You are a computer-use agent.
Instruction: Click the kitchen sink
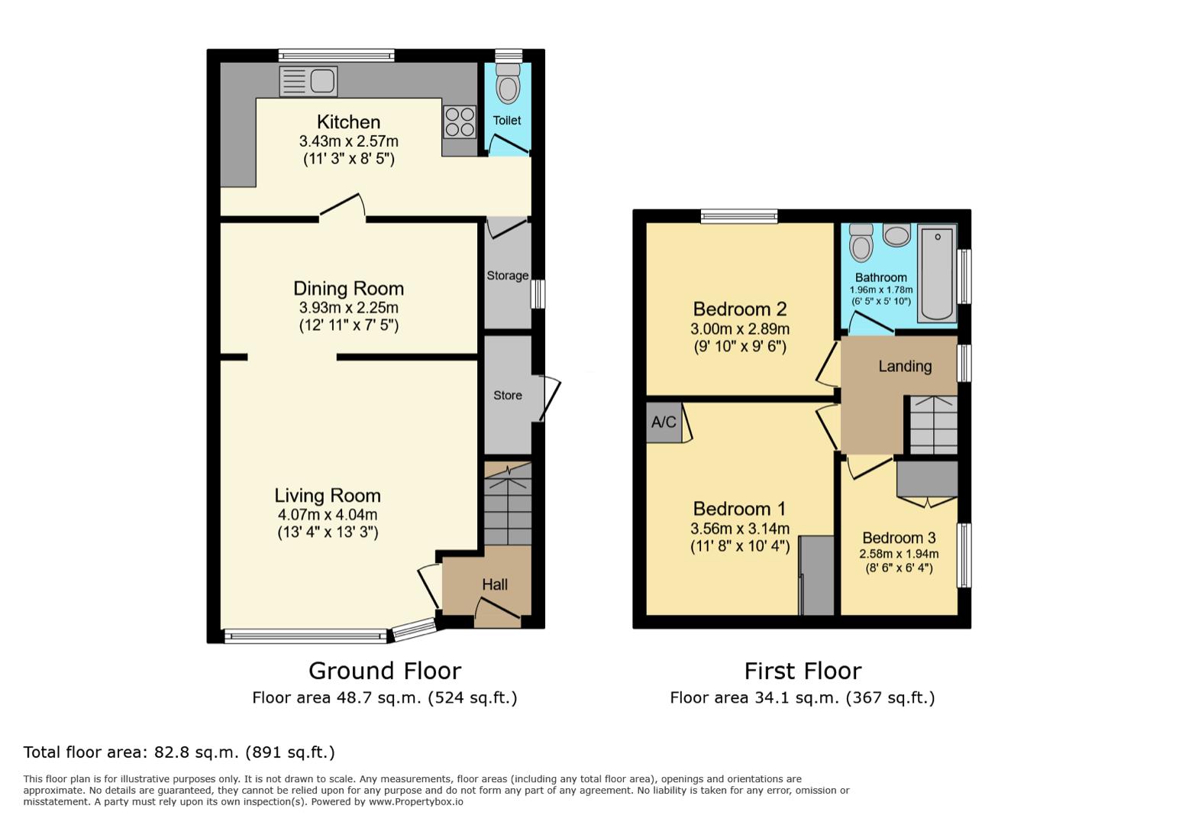pos(308,82)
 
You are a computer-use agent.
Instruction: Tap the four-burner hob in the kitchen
pos(459,121)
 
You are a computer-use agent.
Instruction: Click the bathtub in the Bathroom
pos(937,272)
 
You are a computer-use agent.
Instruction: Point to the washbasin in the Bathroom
pos(896,235)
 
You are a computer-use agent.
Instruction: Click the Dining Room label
pos(348,289)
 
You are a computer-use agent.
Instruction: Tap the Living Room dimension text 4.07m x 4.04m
pos(328,515)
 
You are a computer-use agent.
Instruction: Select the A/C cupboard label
pos(664,422)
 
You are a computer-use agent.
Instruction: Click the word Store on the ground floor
pos(508,395)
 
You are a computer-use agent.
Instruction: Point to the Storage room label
pos(508,275)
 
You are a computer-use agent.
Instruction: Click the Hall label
pos(495,584)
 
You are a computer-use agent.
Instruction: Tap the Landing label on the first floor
pos(905,366)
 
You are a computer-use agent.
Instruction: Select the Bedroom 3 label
pos(899,538)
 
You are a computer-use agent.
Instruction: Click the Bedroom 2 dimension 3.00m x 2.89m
pos(740,329)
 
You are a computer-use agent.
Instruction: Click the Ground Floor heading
pos(385,671)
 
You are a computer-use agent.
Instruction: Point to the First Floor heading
pos(803,671)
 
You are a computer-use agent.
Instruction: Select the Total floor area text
pos(179,752)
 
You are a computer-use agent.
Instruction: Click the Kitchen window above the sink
pos(336,55)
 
